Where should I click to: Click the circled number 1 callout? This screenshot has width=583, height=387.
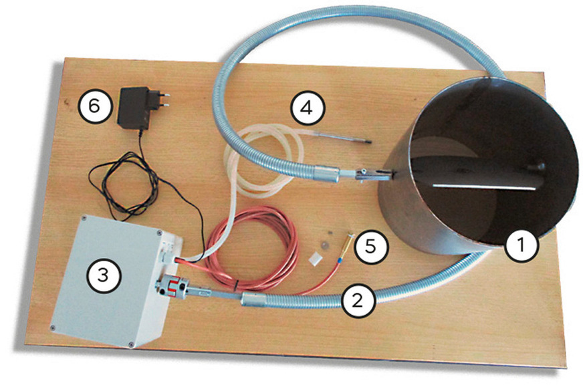coord(521,247)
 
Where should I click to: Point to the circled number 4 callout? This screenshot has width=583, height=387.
coord(307,108)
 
